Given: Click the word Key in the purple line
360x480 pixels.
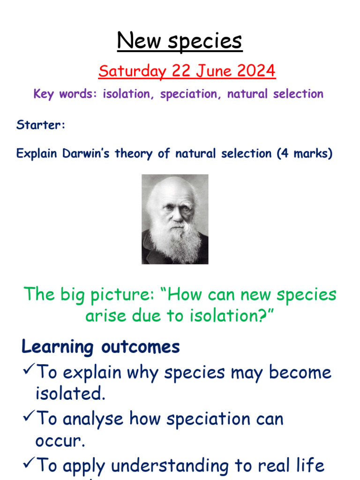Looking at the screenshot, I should coord(44,94).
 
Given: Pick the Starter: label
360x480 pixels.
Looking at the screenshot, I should coord(41,125).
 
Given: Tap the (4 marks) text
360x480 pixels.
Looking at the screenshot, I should coord(305,153).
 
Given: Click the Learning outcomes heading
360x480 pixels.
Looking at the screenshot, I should coord(101,347).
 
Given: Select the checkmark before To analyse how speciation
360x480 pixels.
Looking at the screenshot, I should coord(28,418).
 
